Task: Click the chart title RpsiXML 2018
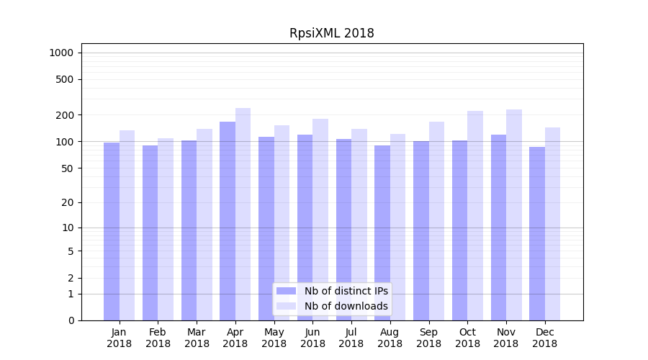(x=331, y=33)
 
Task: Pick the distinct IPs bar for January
(x=112, y=230)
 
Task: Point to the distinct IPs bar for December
(x=537, y=233)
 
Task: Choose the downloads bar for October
(x=475, y=215)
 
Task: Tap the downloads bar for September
(x=436, y=220)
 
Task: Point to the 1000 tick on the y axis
(x=61, y=53)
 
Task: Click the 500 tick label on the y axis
(x=65, y=79)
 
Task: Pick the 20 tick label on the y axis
(x=68, y=202)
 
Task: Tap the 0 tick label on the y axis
(x=71, y=320)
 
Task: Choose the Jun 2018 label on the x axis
(x=312, y=338)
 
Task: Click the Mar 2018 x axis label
(x=197, y=338)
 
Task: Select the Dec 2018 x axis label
(x=544, y=338)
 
